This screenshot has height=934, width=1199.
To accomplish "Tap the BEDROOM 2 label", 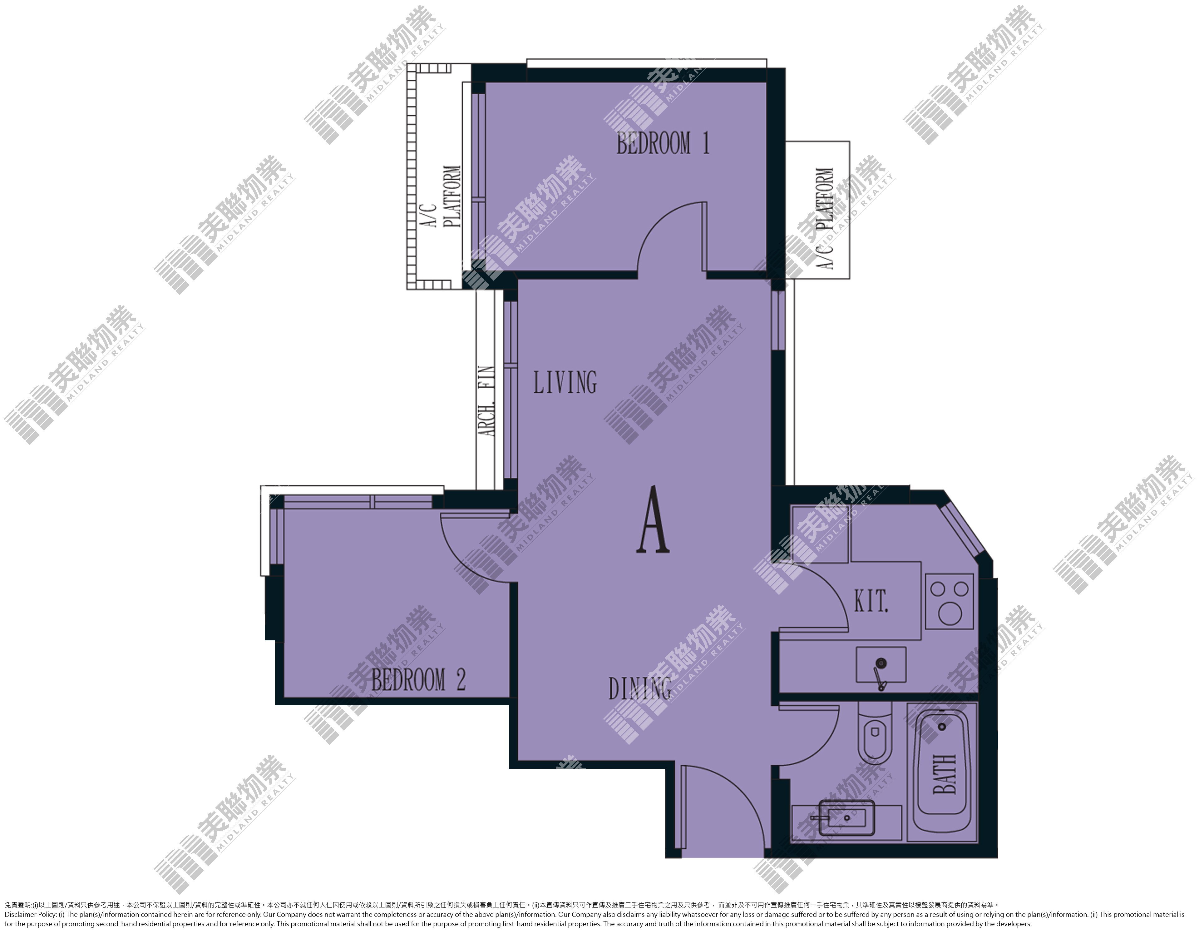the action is [x=418, y=680].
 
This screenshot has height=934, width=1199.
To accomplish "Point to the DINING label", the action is [x=639, y=688].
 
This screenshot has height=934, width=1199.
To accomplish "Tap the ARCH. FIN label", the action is [x=487, y=401].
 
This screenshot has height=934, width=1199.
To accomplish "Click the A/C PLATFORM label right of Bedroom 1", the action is [x=826, y=218].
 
